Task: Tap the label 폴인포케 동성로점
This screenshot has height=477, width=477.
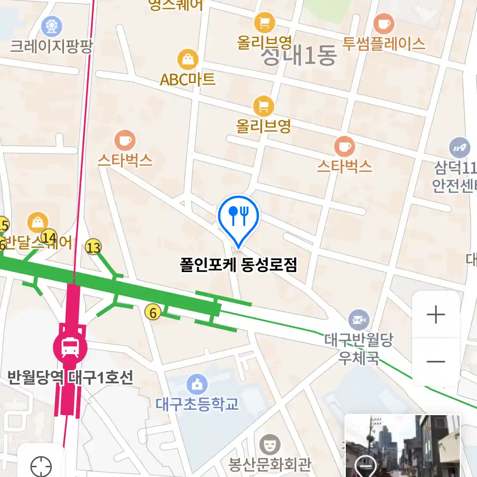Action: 238,265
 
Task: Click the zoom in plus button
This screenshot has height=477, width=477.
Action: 436,315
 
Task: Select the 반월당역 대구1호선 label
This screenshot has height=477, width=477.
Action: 70,378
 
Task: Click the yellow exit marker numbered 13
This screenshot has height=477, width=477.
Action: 94,247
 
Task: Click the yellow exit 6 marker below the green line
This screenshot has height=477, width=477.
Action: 153,313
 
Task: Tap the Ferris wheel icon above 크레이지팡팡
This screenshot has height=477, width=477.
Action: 51,26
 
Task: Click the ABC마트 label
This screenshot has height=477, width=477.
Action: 187,79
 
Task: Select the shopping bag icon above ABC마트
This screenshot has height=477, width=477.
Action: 188,60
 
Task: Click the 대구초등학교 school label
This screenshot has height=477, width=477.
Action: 197,404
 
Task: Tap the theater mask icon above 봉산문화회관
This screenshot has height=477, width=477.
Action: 269,444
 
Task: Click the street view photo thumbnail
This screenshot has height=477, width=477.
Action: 402,446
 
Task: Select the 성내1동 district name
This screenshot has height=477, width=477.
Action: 299,57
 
